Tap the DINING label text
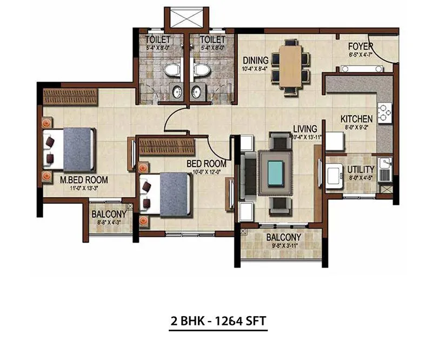[253, 61]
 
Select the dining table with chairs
[290, 66]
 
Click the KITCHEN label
[356, 119]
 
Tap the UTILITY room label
[361, 169]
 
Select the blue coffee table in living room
[276, 172]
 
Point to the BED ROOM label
[206, 163]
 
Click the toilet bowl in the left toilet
[171, 70]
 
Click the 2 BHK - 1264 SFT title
[216, 321]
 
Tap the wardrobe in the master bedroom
[70, 97]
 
